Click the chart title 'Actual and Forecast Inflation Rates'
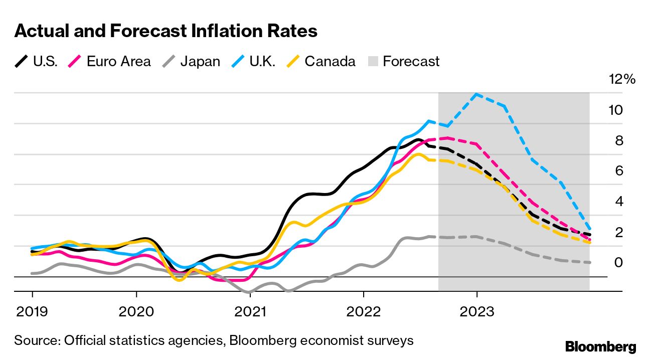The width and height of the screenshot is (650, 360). pos(166,31)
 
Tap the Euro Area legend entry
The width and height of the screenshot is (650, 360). pos(109,62)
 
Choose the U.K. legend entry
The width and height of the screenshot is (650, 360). pos(251,62)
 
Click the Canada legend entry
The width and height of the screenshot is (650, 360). pos(321,62)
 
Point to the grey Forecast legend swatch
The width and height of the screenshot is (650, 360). pos(372,62)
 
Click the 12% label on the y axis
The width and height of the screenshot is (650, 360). pos(621,79)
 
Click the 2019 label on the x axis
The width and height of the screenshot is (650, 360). pos(33,312)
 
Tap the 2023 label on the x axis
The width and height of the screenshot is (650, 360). pos(476,312)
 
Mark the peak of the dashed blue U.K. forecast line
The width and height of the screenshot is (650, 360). pos(476,94)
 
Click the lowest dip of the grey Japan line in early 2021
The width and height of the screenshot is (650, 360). pos(247,292)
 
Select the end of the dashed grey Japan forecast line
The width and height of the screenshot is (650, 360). pos(589,262)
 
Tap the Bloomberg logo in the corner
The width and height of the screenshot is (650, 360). pos(600,346)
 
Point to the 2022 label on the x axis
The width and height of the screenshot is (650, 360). pos(363,312)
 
